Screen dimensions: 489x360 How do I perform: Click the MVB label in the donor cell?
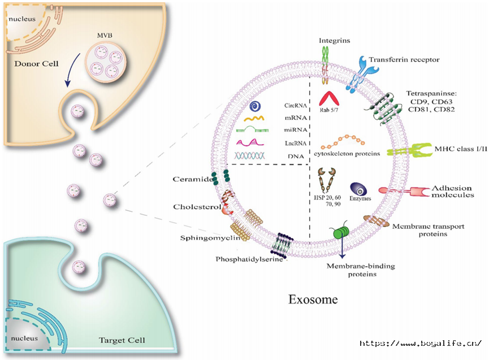tap(105, 36)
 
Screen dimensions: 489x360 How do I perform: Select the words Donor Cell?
tap(36, 64)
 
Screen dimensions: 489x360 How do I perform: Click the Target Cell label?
tap(122, 340)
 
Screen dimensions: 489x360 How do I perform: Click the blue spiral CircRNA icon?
tap(256, 106)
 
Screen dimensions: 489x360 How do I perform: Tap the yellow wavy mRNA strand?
tap(254, 119)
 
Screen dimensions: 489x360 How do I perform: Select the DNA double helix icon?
tap(249, 156)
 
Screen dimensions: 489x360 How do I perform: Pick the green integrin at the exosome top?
tap(325, 65)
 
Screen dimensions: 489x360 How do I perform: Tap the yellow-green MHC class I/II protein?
tap(409, 150)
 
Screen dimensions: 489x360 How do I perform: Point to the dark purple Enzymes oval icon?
tap(358, 189)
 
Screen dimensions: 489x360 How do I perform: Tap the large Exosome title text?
tap(313, 299)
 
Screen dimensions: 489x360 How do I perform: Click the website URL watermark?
tap(421, 343)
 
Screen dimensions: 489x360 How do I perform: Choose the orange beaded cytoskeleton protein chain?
tap(343, 141)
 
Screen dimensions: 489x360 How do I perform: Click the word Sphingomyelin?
tap(210, 238)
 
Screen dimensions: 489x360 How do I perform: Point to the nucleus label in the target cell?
tap(24, 338)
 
